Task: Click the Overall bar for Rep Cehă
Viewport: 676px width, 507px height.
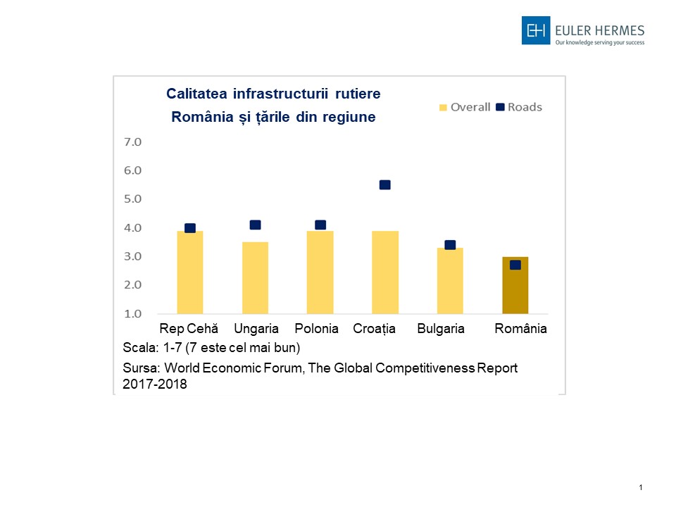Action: pos(189,273)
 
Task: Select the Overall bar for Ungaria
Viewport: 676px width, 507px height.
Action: pos(255,278)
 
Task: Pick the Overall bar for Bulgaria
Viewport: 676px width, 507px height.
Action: pos(450,281)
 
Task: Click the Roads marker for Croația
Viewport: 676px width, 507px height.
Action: pos(384,185)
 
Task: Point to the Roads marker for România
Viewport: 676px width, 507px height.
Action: pos(515,265)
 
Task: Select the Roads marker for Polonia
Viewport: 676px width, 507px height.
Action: pos(320,225)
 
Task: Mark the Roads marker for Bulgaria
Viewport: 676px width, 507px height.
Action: pos(450,245)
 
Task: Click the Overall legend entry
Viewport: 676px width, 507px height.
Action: pos(465,107)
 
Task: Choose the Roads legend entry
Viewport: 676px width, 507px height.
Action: pos(519,107)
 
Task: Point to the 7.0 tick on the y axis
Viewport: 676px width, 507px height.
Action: pos(133,142)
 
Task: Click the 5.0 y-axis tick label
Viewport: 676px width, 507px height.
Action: pos(133,199)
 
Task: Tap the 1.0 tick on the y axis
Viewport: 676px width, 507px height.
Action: pos(133,314)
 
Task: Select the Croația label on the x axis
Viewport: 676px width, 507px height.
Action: pos(374,329)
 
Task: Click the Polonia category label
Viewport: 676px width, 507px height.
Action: pos(316,329)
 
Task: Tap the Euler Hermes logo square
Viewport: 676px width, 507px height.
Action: pos(535,30)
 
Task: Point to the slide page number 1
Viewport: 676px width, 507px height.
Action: pos(641,487)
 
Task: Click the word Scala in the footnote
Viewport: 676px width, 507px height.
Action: pos(137,348)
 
